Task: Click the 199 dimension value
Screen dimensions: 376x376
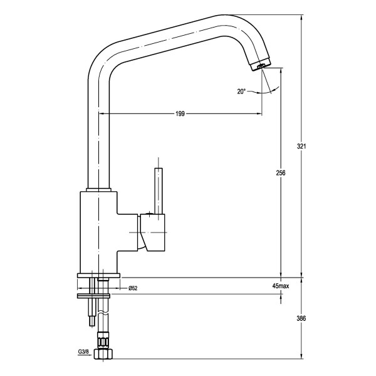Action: coord(180,114)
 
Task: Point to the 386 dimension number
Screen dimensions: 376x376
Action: coord(301,318)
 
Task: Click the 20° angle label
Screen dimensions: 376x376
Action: coord(241,91)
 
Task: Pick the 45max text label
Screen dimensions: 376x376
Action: coord(281,286)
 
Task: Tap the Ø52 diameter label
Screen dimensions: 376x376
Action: coord(133,288)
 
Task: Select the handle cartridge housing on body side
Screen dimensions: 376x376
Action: coord(154,232)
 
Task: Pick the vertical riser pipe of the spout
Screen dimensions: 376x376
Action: coord(99,138)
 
